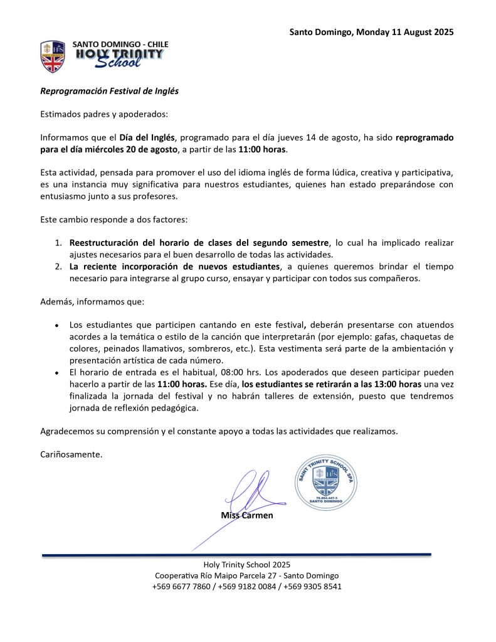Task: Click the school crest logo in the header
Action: tap(53, 56)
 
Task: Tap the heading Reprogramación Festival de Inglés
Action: tap(110, 91)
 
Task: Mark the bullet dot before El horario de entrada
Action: tap(57, 373)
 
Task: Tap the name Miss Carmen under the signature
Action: tap(247, 515)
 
